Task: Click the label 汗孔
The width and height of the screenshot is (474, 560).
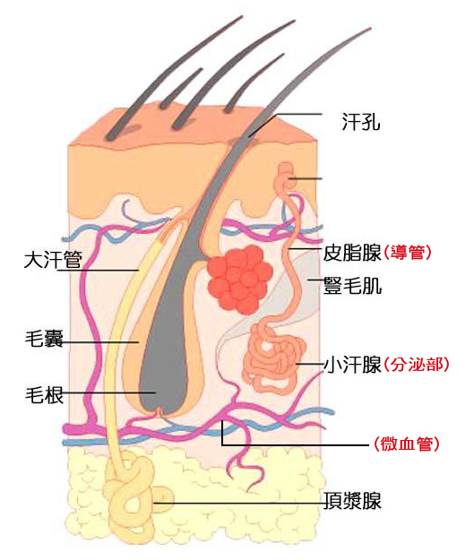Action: [361, 122]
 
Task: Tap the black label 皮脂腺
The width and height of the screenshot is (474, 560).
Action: [352, 253]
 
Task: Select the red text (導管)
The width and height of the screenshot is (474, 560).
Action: [407, 253]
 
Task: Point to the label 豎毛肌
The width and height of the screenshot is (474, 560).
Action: [352, 286]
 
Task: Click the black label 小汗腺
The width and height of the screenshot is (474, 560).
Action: [352, 365]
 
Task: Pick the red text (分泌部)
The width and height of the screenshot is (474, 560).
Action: [416, 365]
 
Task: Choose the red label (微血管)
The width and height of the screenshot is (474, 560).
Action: [407, 444]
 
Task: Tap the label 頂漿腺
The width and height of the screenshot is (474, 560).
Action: [352, 501]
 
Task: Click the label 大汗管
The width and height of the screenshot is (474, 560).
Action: [53, 259]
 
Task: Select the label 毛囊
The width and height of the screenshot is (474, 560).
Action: [44, 338]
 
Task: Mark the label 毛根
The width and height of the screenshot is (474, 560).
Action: [44, 395]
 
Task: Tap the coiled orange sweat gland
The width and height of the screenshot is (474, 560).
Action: [273, 358]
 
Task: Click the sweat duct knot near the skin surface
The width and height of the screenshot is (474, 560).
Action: [286, 176]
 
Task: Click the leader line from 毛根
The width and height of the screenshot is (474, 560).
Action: [109, 392]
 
